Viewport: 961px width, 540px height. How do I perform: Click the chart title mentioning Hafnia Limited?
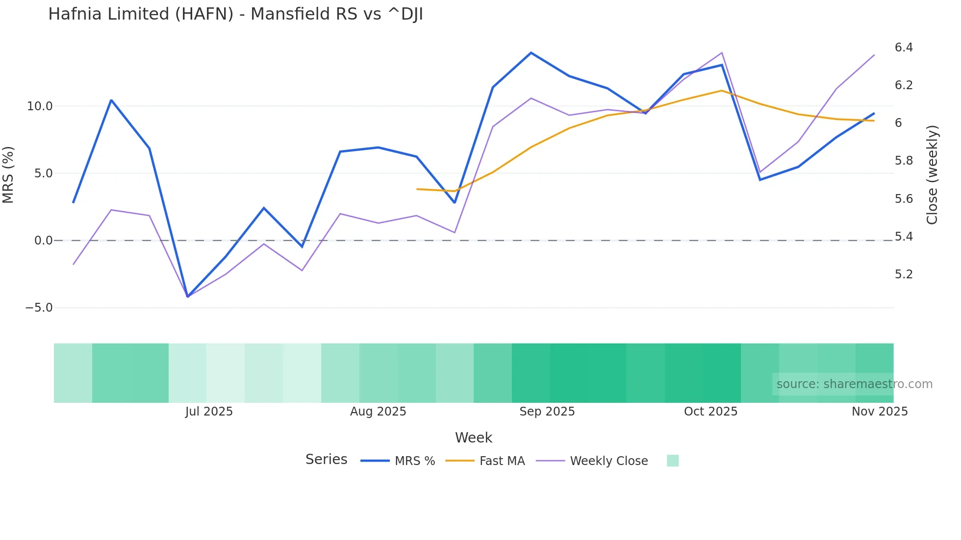(x=235, y=14)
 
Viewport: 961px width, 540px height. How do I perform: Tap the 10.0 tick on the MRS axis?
(x=39, y=106)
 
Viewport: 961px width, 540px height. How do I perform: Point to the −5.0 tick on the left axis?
(x=39, y=308)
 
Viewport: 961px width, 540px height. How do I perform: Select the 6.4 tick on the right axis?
(x=904, y=48)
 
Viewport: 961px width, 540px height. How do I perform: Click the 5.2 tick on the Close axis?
(x=904, y=274)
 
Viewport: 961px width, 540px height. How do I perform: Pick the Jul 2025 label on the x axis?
(x=209, y=412)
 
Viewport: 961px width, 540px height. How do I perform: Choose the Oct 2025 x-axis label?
(x=710, y=412)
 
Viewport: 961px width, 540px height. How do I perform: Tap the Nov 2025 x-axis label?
(x=880, y=412)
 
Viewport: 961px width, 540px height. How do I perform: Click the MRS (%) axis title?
(x=8, y=174)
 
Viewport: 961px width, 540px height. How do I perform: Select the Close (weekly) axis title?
(x=932, y=174)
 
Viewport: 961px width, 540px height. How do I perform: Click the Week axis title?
(x=474, y=438)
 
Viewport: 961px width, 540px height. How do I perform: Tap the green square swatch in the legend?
(x=673, y=461)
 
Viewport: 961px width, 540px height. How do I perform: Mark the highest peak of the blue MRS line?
(x=531, y=52)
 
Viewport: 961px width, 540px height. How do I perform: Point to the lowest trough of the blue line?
(x=187, y=296)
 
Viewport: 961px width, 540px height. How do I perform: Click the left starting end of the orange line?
(x=417, y=189)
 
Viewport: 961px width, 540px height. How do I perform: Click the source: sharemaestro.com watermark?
(x=854, y=384)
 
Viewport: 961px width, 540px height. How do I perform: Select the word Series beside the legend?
(x=326, y=460)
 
